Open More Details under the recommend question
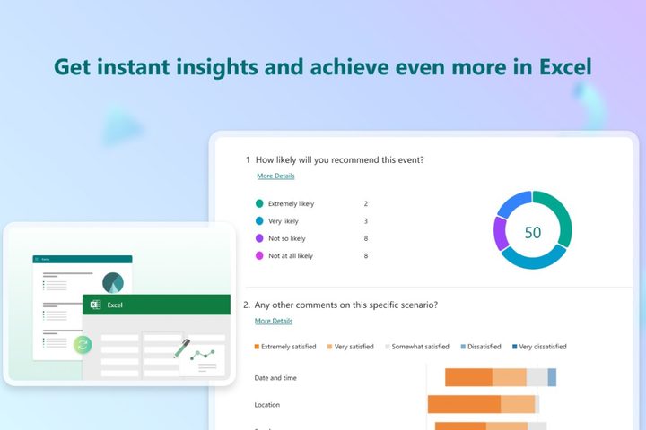[x=275, y=176]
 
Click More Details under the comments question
[x=273, y=321]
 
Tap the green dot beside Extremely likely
[x=259, y=203]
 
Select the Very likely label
[x=284, y=221]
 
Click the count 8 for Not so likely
[x=365, y=238]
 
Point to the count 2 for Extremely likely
[x=365, y=203]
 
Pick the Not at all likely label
[x=291, y=256]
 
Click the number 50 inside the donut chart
[x=533, y=232]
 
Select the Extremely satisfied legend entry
[x=286, y=347]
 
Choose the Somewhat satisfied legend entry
[x=417, y=347]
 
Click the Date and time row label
[x=275, y=377]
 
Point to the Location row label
[x=267, y=405]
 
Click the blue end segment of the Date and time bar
[x=552, y=377]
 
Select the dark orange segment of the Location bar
[x=464, y=404]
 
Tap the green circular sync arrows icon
[x=83, y=345]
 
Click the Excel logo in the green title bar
[x=93, y=305]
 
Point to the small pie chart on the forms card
[x=113, y=282]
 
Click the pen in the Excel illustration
[x=182, y=348]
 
